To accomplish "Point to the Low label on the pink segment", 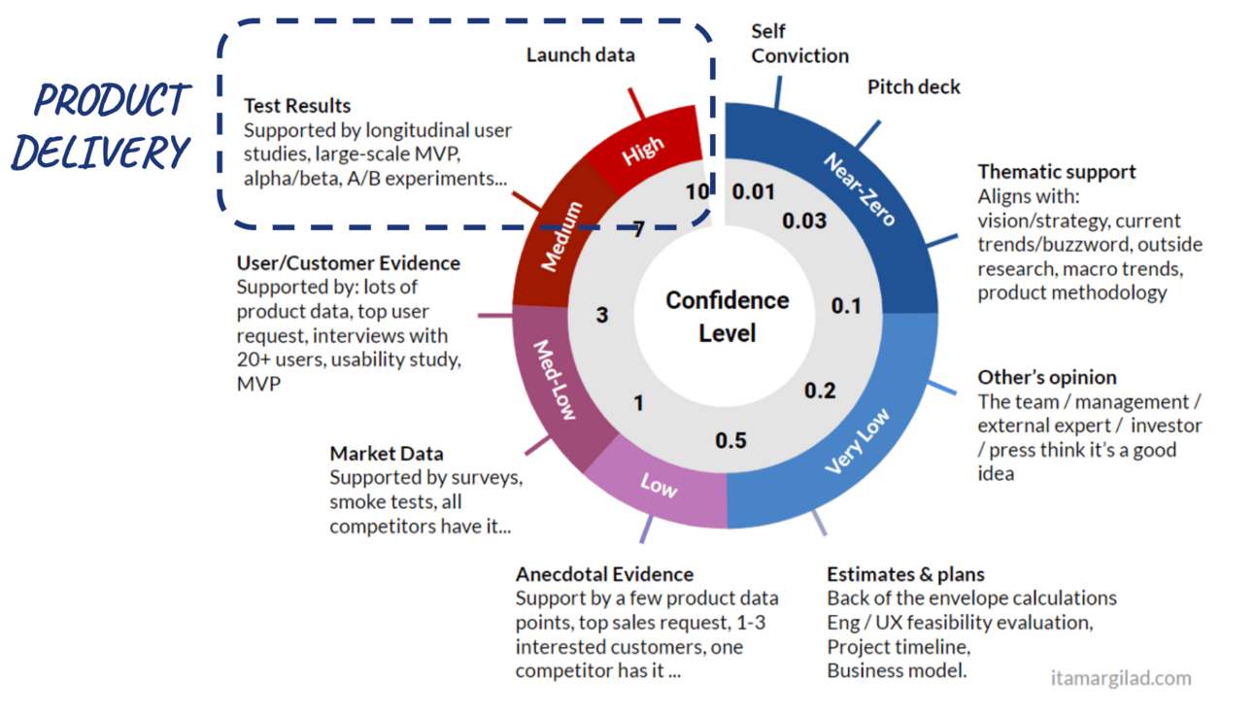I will click(659, 484).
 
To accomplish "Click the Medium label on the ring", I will click(562, 236).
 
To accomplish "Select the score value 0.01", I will click(754, 191).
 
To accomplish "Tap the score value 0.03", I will click(804, 221).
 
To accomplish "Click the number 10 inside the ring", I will click(696, 191).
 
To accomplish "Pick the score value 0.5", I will click(730, 441).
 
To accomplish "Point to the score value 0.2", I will click(820, 391).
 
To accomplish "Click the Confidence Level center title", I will click(727, 316).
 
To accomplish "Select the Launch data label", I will click(580, 54).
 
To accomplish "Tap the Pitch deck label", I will click(913, 86).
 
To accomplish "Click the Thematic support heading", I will click(1057, 171).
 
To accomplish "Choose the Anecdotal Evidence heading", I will click(604, 574).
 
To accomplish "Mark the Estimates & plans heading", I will click(905, 574).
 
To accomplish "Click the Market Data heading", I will click(387, 453).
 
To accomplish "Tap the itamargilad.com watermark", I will click(1120, 678).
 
